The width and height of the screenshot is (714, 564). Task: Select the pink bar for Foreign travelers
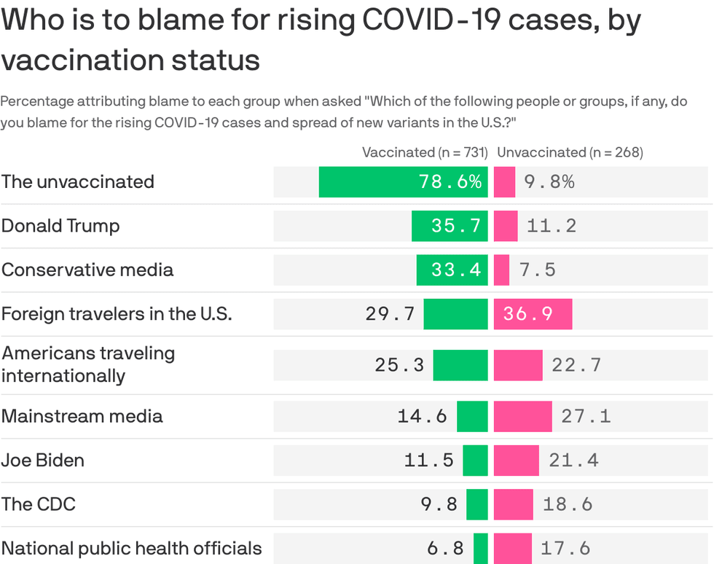pyautogui.click(x=533, y=314)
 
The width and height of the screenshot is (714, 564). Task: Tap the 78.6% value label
pyautogui.click(x=450, y=182)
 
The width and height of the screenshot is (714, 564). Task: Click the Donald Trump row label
pyautogui.click(x=60, y=226)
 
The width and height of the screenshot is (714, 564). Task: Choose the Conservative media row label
pyautogui.click(x=87, y=270)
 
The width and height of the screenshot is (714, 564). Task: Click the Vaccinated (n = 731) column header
pyautogui.click(x=425, y=152)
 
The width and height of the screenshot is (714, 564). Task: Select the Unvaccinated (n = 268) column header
pyautogui.click(x=570, y=152)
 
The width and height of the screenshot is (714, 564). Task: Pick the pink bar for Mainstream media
pyautogui.click(x=522, y=416)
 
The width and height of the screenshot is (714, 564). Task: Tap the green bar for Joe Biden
pyautogui.click(x=475, y=461)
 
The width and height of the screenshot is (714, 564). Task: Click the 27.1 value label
pyautogui.click(x=586, y=416)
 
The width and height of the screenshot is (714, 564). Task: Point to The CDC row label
pyautogui.click(x=38, y=504)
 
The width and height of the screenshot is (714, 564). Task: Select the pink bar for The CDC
pyautogui.click(x=513, y=504)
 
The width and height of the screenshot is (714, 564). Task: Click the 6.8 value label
pyautogui.click(x=445, y=548)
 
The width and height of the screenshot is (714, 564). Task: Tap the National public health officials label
pyautogui.click(x=131, y=548)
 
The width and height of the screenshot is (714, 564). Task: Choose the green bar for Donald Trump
pyautogui.click(x=450, y=226)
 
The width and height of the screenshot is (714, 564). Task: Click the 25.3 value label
pyautogui.click(x=399, y=364)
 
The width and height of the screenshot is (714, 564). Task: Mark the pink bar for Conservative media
pyautogui.click(x=501, y=270)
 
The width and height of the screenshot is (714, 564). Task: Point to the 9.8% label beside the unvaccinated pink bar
pyautogui.click(x=549, y=182)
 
